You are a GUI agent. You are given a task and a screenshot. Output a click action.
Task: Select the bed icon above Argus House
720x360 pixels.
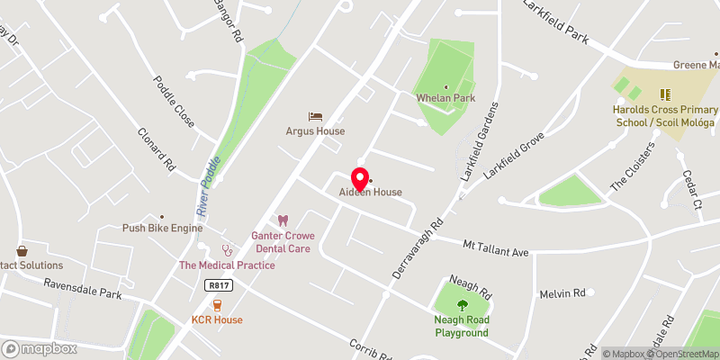click(315, 116)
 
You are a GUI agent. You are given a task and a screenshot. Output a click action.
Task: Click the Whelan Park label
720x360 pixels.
click(445, 98)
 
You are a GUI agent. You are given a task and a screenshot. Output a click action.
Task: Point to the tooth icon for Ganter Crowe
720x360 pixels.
click(283, 220)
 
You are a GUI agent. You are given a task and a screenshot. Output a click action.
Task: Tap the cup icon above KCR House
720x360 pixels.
click(217, 304)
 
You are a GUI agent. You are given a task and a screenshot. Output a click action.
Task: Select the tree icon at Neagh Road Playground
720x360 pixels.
click(463, 304)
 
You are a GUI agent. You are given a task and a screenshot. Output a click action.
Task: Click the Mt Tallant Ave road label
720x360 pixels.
click(495, 248)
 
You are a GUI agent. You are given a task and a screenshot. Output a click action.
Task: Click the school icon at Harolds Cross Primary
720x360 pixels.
click(665, 94)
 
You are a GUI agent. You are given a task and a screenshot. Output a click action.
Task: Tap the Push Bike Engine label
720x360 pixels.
click(163, 229)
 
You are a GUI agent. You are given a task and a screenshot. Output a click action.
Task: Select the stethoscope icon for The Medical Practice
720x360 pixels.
click(228, 249)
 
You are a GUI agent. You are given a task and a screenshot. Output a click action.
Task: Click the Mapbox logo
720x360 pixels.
click(40, 348)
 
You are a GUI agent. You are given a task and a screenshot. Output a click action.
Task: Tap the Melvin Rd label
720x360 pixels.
click(562, 293)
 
